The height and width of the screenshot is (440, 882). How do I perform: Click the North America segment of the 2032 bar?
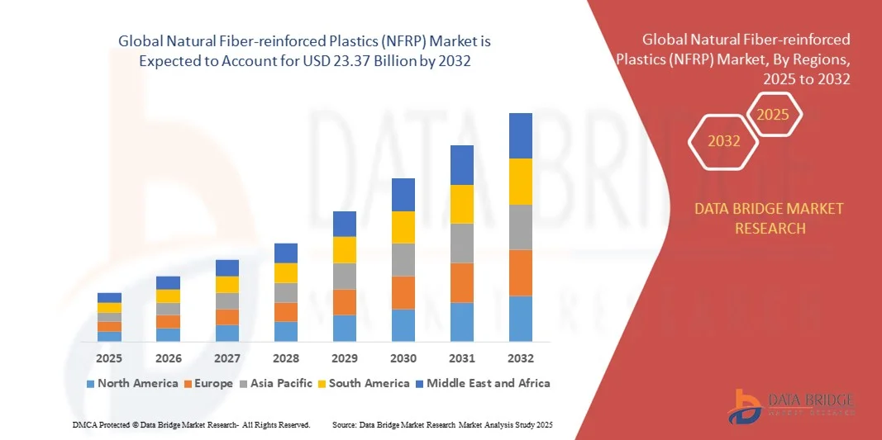[520, 319]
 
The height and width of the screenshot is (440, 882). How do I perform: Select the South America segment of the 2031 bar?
[461, 204]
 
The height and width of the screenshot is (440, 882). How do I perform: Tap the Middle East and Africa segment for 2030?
[403, 195]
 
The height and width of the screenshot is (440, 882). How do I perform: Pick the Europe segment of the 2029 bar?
[344, 302]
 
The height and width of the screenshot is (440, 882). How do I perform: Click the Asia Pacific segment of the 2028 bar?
[285, 293]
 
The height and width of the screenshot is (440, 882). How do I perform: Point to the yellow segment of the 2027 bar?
[226, 285]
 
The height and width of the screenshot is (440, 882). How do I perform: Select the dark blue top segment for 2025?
[109, 298]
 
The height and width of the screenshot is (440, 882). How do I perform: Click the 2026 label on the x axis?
[168, 358]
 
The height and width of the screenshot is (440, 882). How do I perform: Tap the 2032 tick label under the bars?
[520, 358]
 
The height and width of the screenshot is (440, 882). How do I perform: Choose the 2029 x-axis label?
[344, 358]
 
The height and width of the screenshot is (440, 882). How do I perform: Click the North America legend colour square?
[90, 384]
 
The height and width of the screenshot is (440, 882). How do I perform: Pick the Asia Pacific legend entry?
[276, 383]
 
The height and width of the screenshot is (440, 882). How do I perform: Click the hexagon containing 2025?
[773, 115]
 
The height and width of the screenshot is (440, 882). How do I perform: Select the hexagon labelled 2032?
[724, 141]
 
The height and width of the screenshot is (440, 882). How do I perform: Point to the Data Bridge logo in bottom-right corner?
[790, 403]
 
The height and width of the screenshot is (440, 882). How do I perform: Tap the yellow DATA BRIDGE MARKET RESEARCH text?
[770, 218]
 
